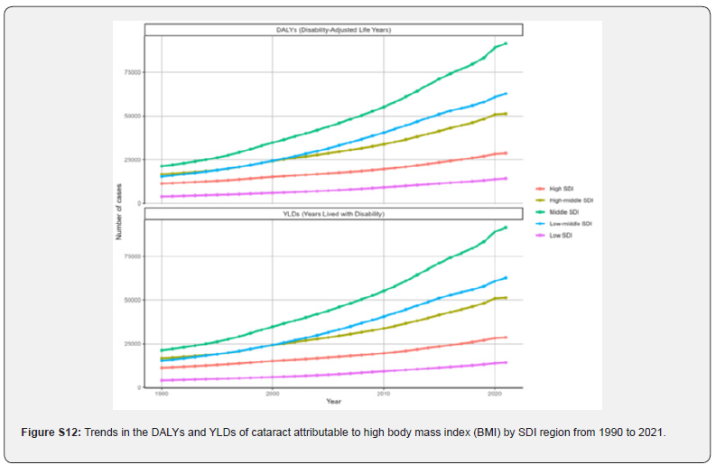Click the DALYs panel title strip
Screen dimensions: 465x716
coord(333,30)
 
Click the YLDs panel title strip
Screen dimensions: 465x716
coord(333,214)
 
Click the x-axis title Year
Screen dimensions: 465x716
coord(334,401)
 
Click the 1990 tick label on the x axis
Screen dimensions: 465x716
coord(162,394)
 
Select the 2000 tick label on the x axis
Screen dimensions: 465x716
coord(273,394)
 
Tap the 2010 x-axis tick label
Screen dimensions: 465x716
coord(384,394)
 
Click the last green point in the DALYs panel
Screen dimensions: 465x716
coord(506,43)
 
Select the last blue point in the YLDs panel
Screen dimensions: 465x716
coord(506,277)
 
